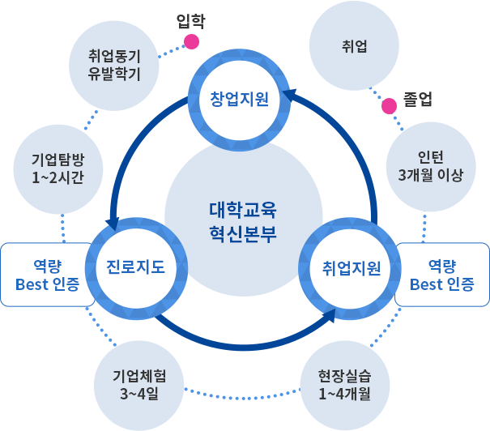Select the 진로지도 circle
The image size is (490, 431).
pos(135,267)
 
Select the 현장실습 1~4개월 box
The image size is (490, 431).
pos(344,384)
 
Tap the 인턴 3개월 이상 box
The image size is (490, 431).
pos(430,165)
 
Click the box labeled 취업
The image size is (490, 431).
pos(354,45)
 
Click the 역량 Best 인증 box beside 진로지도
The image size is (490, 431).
pos(47,275)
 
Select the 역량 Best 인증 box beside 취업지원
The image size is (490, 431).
pos(441,275)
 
